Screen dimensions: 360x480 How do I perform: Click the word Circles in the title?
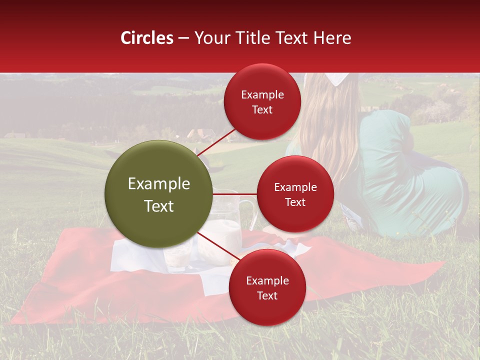(146, 38)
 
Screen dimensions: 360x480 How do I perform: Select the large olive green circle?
(159, 194)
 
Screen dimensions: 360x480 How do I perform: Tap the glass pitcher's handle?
(249, 212)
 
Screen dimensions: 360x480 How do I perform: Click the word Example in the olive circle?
(159, 184)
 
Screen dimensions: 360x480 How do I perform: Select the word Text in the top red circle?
(262, 110)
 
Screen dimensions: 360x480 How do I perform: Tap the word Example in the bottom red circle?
(267, 281)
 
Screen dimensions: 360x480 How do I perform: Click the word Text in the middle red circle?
(295, 202)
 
